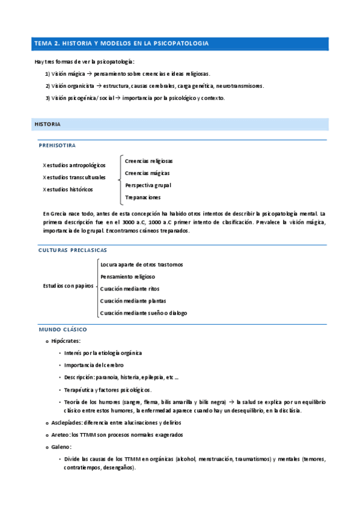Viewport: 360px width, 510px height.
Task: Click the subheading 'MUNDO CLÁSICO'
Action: click(x=63, y=330)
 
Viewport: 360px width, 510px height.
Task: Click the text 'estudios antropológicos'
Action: click(x=76, y=165)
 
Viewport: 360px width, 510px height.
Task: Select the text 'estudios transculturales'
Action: click(x=76, y=177)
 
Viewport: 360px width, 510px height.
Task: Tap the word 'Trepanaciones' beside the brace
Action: click(x=142, y=197)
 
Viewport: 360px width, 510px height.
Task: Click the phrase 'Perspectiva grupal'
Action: click(x=148, y=185)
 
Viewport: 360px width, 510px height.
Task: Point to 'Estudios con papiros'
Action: click(x=68, y=286)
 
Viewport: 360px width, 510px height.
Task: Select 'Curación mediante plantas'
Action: click(x=133, y=301)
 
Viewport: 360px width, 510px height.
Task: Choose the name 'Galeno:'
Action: click(x=61, y=447)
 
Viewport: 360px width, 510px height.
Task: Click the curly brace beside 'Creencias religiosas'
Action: click(x=120, y=179)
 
